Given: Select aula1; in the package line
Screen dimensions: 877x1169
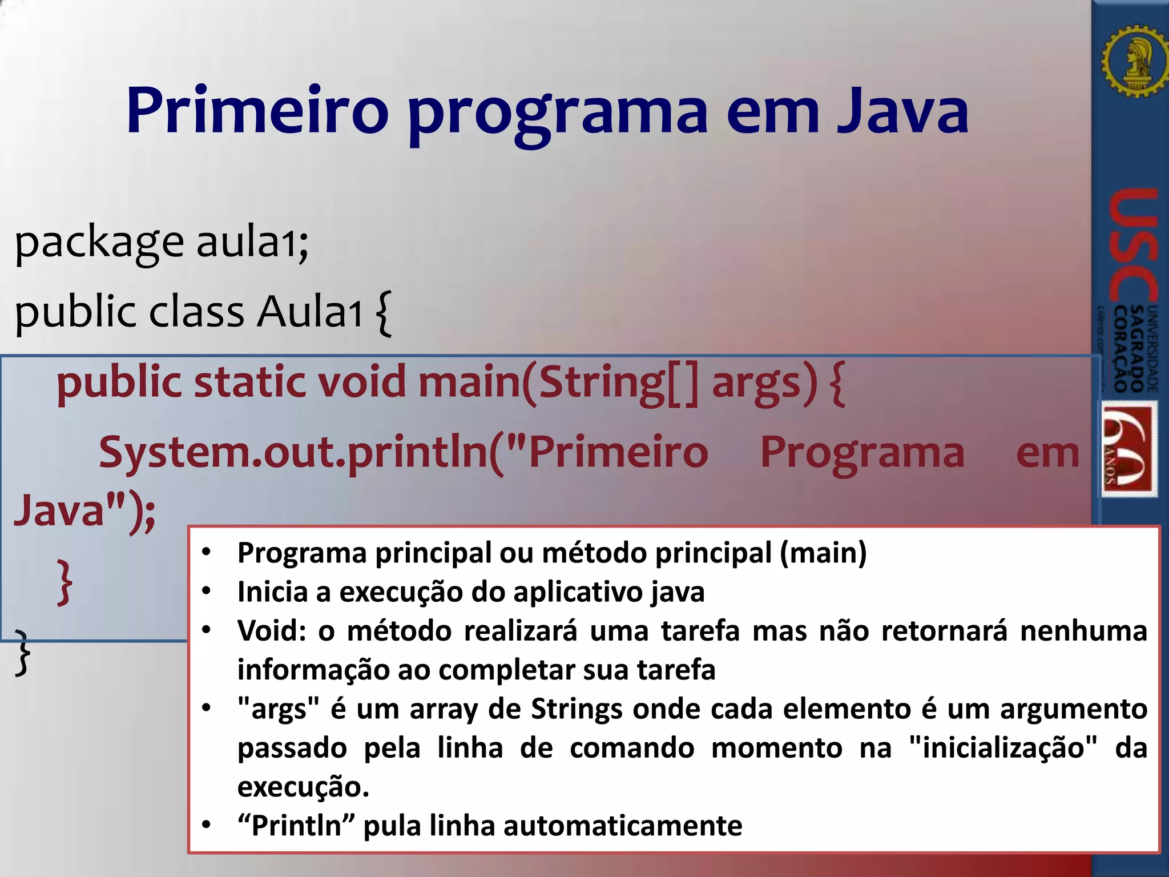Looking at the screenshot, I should click(252, 243).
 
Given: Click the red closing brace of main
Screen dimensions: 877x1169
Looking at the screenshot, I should click(65, 582).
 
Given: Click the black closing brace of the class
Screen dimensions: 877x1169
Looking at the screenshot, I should click(22, 654).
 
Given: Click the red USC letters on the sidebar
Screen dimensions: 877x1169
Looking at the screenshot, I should click(1132, 246).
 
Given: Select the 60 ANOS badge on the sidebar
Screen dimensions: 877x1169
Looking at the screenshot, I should click(1128, 449).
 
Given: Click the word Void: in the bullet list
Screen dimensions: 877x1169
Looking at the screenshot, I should click(272, 631).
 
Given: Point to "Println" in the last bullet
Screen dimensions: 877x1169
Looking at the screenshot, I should click(297, 826).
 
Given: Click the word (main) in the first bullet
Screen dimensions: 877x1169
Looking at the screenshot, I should click(823, 553).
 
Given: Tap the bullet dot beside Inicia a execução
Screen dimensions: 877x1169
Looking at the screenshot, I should click(207, 591).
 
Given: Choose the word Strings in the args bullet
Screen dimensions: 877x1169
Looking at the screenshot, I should click(576, 710).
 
